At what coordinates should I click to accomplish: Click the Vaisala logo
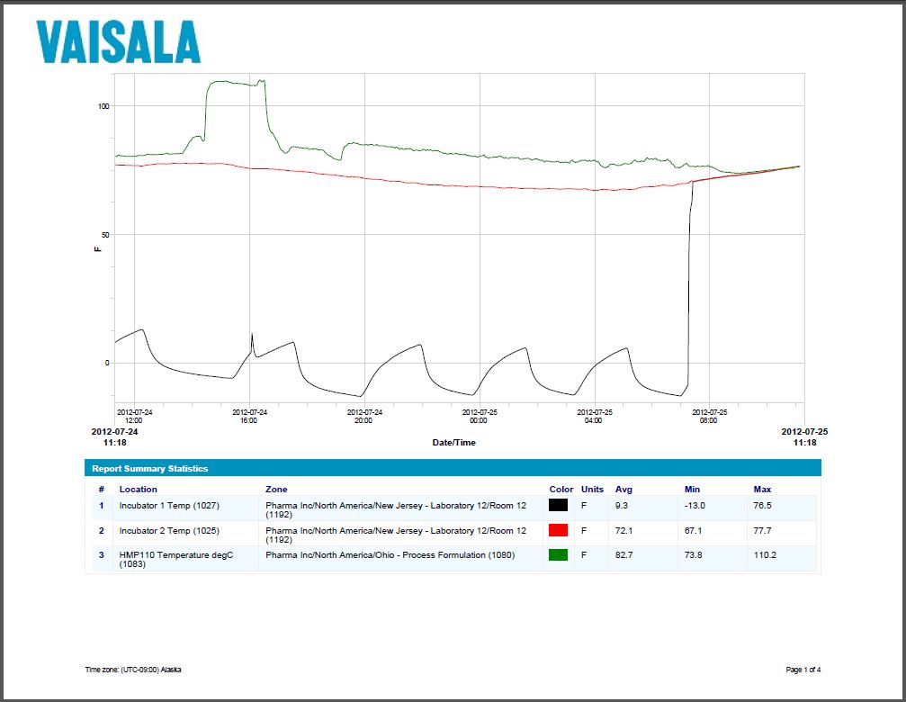point(118,41)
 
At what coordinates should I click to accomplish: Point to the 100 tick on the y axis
point(103,106)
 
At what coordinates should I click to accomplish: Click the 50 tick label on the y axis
point(105,235)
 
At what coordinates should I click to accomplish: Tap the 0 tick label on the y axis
point(107,364)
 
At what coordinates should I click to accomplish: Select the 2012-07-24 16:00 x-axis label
point(249,416)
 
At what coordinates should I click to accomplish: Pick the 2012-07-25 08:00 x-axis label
point(709,416)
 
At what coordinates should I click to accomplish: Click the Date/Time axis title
point(454,443)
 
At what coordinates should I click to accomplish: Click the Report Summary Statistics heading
point(150,469)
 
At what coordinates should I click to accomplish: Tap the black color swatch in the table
point(558,506)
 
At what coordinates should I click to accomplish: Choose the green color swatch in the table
point(558,555)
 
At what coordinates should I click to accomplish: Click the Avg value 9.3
point(622,506)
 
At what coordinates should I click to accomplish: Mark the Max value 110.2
point(765,555)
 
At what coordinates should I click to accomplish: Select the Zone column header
point(276,489)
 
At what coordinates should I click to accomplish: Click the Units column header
point(592,489)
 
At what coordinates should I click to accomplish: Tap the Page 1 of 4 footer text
point(803,670)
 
